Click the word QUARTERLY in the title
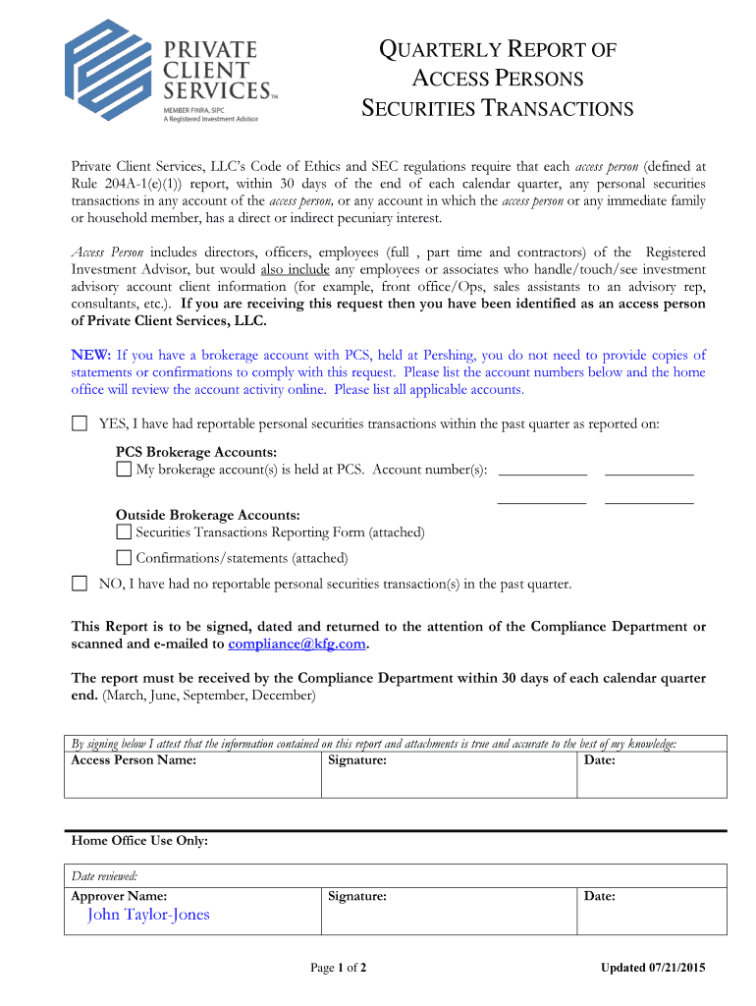pyautogui.click(x=440, y=50)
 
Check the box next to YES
pyautogui.click(x=80, y=423)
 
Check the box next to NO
pyautogui.click(x=80, y=584)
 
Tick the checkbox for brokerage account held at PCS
pyautogui.click(x=124, y=470)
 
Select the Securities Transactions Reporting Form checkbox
pyautogui.click(x=124, y=532)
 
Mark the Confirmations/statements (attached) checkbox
pyautogui.click(x=124, y=558)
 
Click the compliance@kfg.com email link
pyautogui.click(x=297, y=644)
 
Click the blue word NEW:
pyautogui.click(x=91, y=355)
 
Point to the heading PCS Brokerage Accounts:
pyautogui.click(x=196, y=452)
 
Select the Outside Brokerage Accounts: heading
pyautogui.click(x=208, y=515)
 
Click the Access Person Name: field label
pyautogui.click(x=134, y=759)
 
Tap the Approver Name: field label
pyautogui.click(x=119, y=896)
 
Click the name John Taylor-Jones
pyautogui.click(x=148, y=916)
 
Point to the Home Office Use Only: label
pyautogui.click(x=139, y=841)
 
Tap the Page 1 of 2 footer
pyautogui.click(x=339, y=969)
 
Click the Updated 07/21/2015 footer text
pyautogui.click(x=653, y=969)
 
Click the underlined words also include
pyautogui.click(x=296, y=269)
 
